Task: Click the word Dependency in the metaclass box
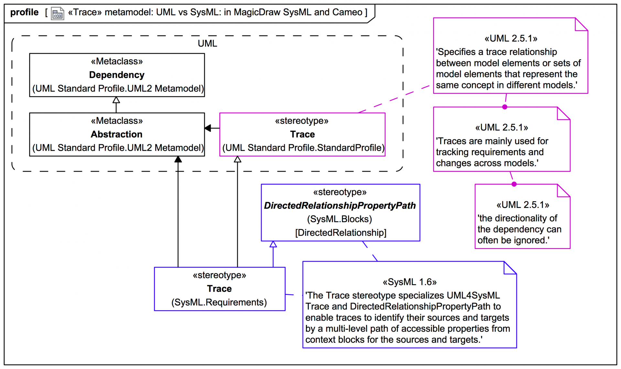pos(117,75)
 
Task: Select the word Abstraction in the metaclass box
pos(116,134)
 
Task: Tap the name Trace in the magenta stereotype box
pos(302,134)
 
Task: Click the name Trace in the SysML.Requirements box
pos(219,288)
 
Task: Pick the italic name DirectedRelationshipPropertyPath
pos(340,206)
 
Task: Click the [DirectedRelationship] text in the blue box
pos(341,233)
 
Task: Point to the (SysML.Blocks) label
pos(340,219)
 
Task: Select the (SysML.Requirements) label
pos(219,302)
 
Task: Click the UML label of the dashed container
pos(207,43)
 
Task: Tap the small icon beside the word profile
pos(57,14)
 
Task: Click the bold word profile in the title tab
pos(24,12)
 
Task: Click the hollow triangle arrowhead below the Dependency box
pos(116,100)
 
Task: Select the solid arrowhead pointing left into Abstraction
pos(208,128)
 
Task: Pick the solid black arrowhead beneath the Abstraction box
pos(178,159)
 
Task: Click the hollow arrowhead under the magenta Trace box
pos(237,159)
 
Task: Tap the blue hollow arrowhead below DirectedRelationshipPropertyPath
pos(273,244)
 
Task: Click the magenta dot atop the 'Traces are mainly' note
pos(505,107)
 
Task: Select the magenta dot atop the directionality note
pos(514,184)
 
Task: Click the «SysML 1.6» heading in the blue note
pos(409,282)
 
